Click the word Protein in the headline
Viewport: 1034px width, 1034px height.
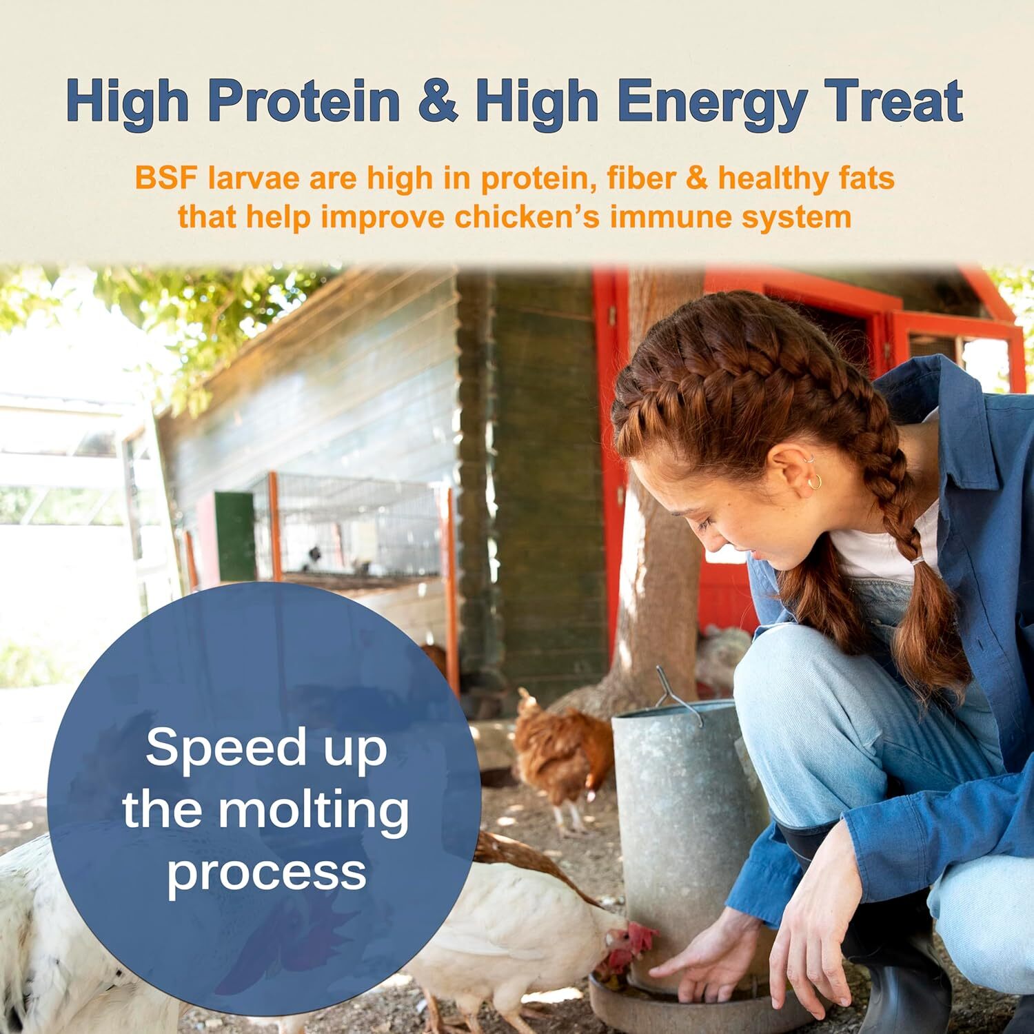tap(304, 101)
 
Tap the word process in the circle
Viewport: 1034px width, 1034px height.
tap(267, 871)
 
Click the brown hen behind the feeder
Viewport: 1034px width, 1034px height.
tap(562, 751)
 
